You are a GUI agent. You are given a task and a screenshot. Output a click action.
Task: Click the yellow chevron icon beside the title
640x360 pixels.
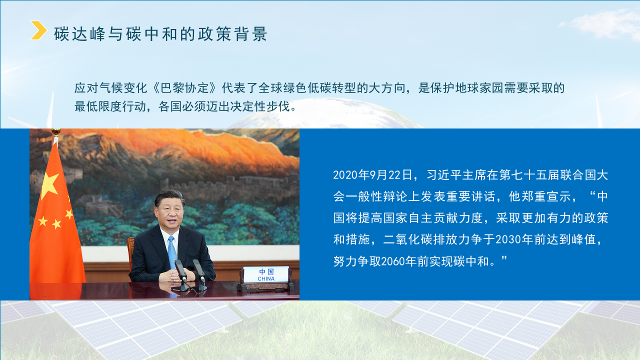click(38, 30)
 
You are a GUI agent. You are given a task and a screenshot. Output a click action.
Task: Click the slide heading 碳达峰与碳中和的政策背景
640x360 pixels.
click(161, 33)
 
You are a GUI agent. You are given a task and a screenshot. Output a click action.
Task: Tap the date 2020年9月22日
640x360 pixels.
click(373, 175)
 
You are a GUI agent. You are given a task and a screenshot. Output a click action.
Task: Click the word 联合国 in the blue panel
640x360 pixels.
click(576, 175)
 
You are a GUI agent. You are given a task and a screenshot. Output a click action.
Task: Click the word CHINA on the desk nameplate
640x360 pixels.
click(266, 278)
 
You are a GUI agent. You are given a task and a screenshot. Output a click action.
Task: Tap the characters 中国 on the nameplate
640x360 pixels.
click(266, 271)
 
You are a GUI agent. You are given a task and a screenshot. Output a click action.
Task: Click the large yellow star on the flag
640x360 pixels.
click(49, 185)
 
